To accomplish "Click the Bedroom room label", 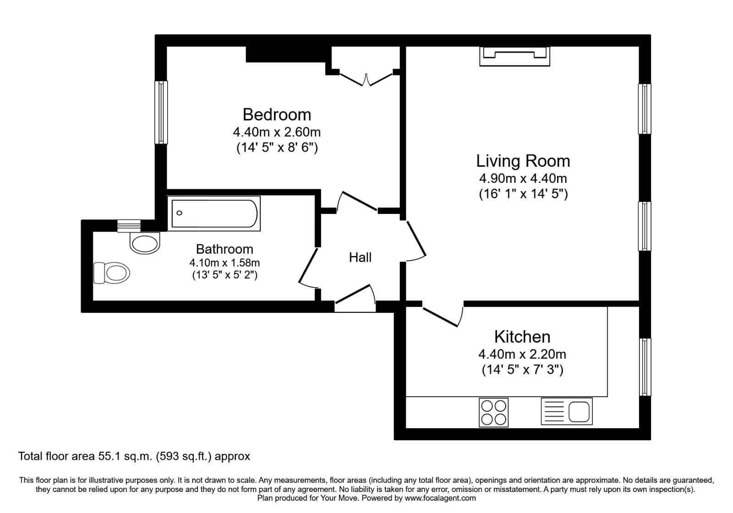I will point(277,115).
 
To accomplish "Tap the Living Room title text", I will point(523,161).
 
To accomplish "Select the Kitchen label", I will point(522,337).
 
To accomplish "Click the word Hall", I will point(360,257).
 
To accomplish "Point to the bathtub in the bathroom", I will point(215,213).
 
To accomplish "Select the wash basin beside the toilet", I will point(145,242).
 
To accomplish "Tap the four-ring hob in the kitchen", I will point(493,412).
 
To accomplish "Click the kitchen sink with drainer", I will point(567,410).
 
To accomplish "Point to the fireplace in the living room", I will point(514,56).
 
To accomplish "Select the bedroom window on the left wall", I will point(161,112).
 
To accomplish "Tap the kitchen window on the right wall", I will point(645,367).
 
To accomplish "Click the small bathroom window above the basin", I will point(128,225).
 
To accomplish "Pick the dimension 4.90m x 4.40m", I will point(523,178).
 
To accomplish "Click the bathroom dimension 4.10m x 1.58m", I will point(224,263).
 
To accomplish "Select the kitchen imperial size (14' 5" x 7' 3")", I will point(522,370).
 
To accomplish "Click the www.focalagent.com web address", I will point(440,498).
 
